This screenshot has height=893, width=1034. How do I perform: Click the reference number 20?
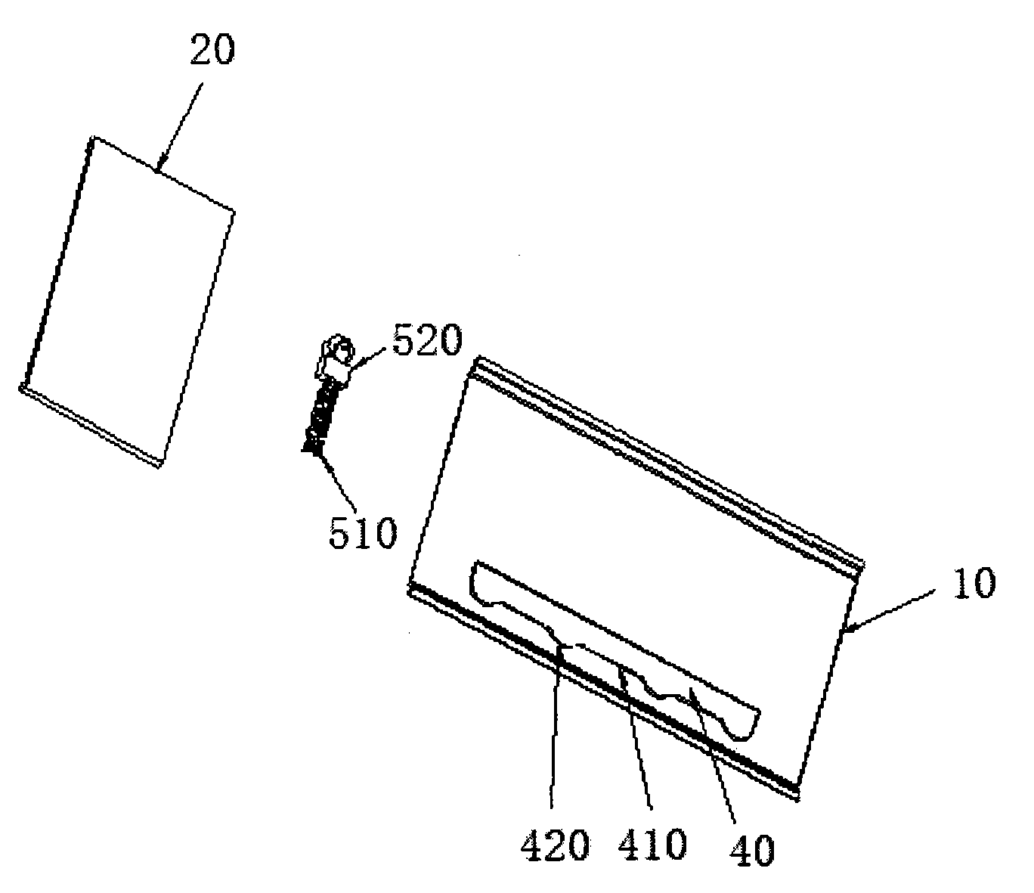[x=212, y=50]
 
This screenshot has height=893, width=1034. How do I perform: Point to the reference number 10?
[x=973, y=583]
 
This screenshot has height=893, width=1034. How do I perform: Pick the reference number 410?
[x=652, y=844]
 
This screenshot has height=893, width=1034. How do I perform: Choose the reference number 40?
[x=752, y=849]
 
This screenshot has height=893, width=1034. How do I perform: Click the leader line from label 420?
[x=556, y=725]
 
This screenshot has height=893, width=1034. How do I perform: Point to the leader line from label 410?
[x=636, y=738]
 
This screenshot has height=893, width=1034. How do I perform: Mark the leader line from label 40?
[x=712, y=755]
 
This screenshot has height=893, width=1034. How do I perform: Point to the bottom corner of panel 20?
[x=159, y=467]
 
